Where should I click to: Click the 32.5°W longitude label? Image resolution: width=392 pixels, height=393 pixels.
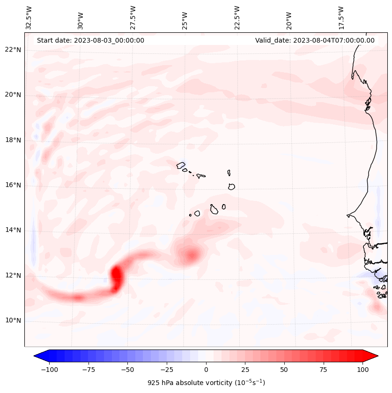click(x=29, y=17)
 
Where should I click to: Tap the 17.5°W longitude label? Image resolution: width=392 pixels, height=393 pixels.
click(x=341, y=17)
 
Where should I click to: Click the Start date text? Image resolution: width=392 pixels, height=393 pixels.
click(x=90, y=40)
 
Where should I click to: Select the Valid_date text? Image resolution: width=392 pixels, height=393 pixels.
click(x=315, y=40)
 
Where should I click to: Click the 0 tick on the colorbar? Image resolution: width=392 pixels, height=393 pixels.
click(x=206, y=370)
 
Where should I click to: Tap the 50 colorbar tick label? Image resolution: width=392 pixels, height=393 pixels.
click(x=284, y=370)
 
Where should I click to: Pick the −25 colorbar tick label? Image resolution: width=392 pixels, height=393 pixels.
click(x=167, y=370)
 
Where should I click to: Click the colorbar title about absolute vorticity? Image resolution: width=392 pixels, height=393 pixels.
click(x=206, y=383)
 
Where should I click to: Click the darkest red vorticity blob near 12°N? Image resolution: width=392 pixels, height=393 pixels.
click(x=116, y=276)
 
